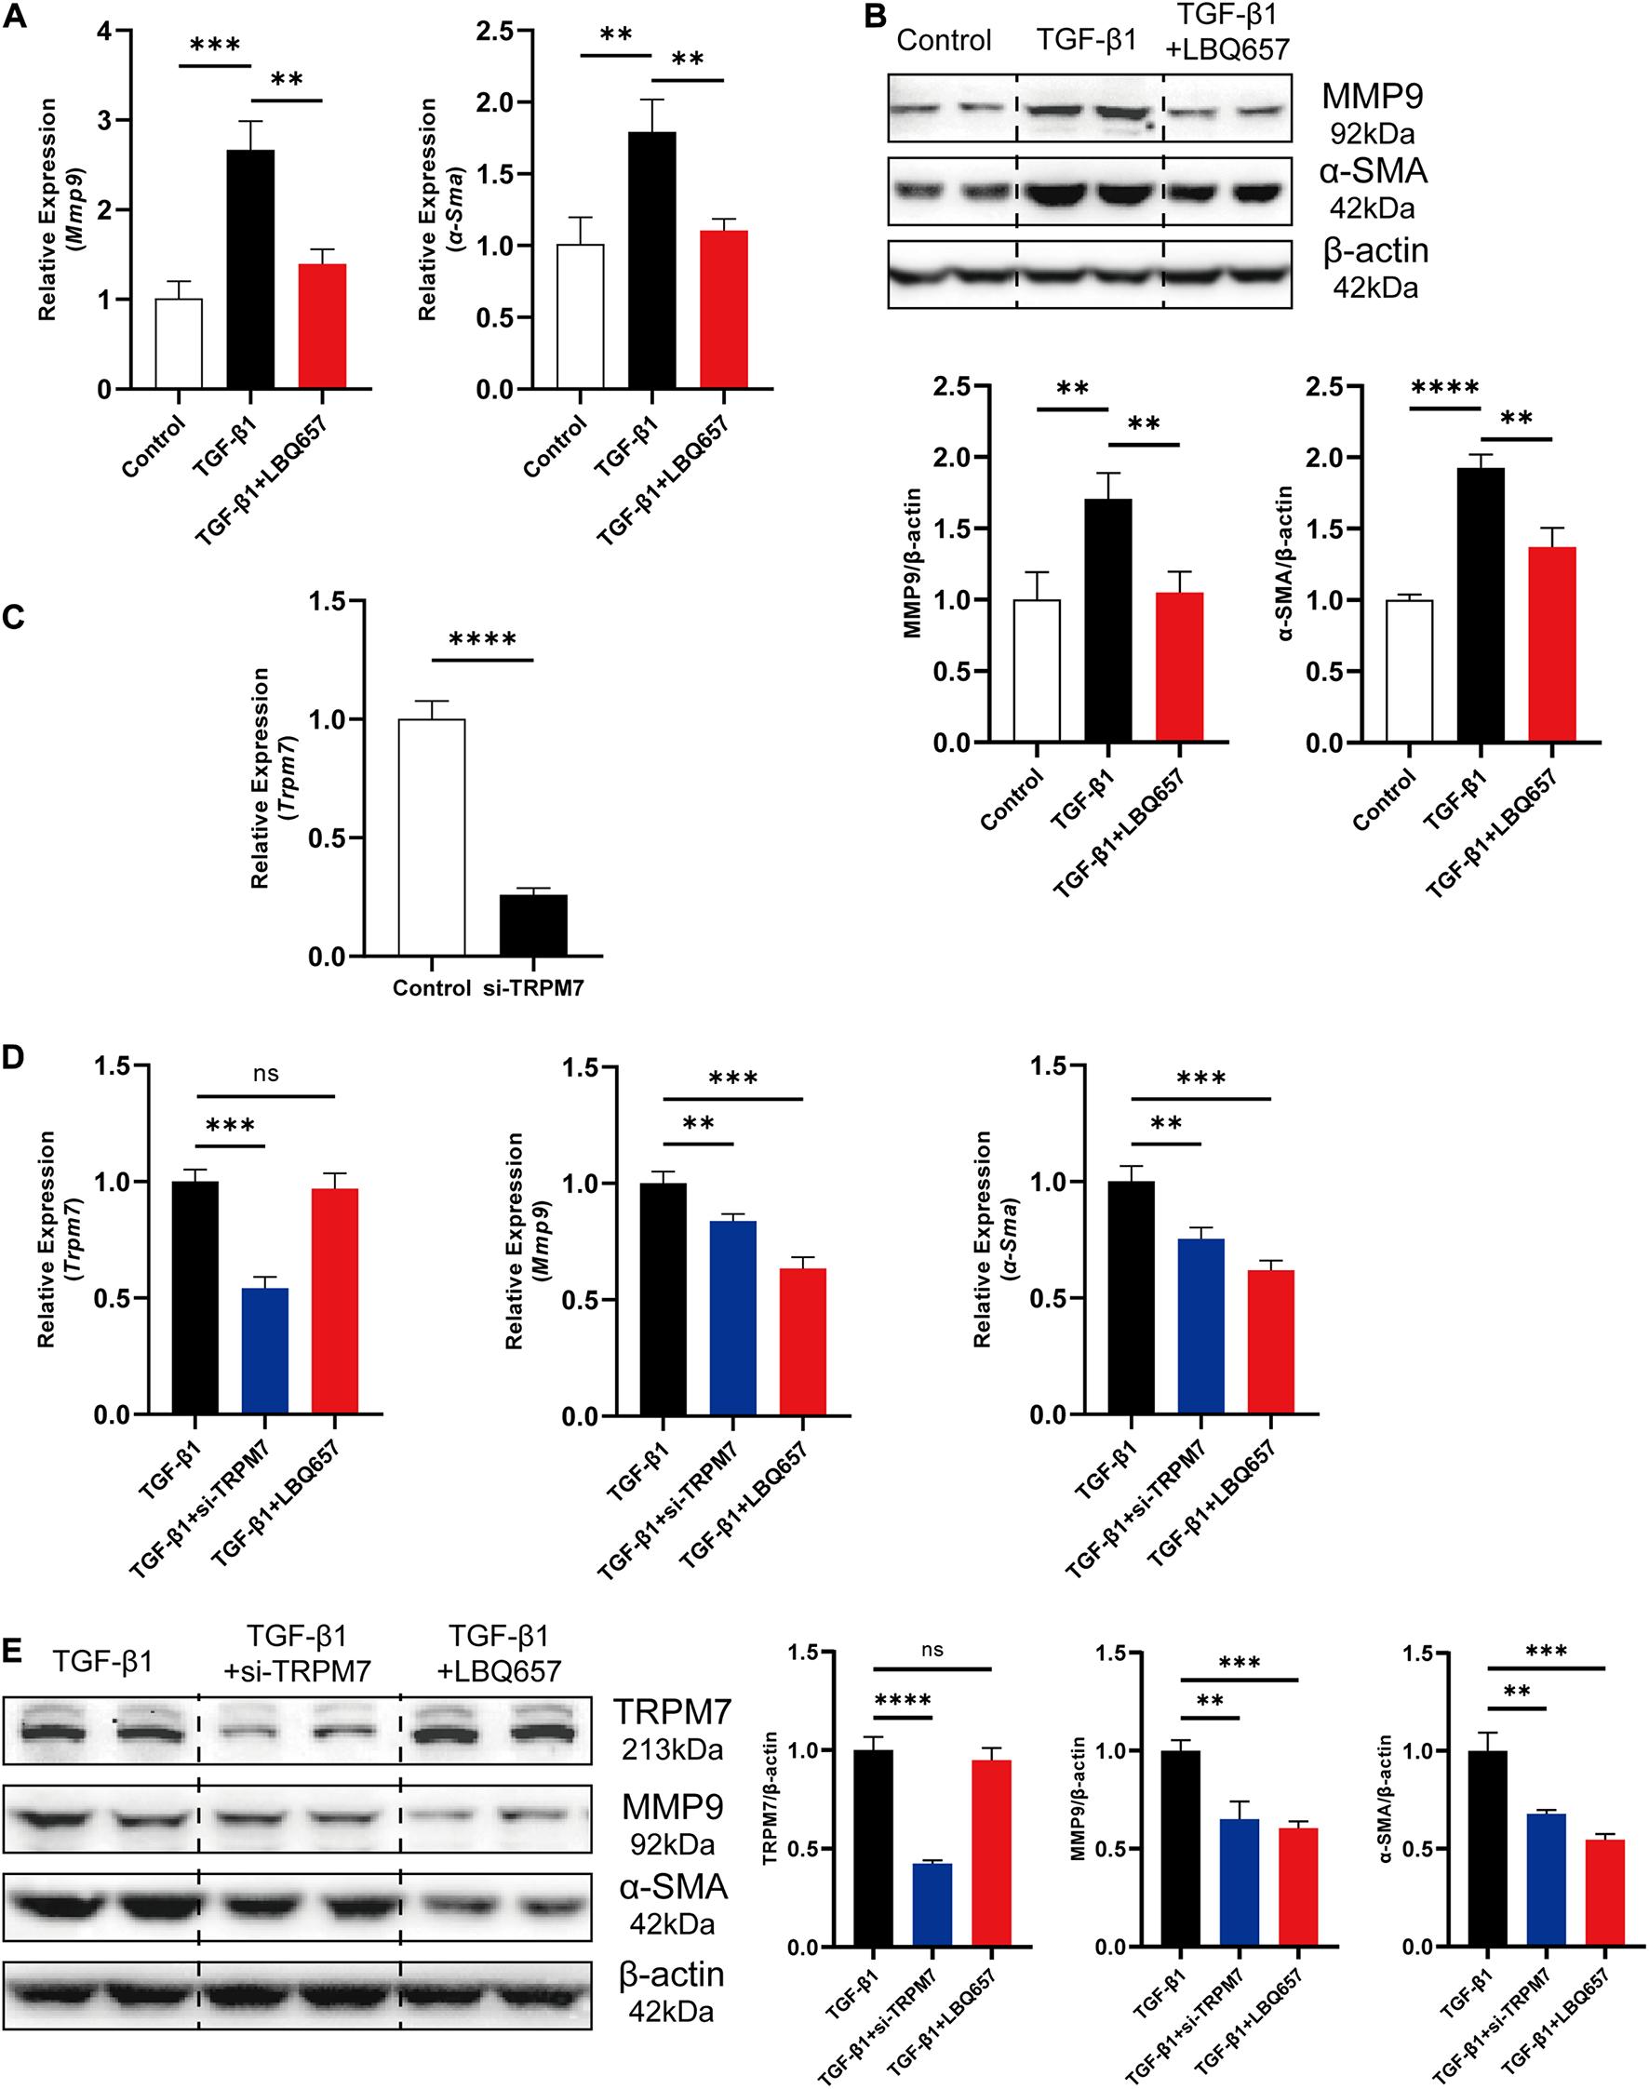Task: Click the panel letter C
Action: (x=14, y=616)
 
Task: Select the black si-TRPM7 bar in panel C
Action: (x=533, y=925)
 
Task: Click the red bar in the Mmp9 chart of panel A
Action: (x=323, y=326)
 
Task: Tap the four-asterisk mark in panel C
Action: (x=482, y=639)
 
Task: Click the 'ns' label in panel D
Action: (x=265, y=1074)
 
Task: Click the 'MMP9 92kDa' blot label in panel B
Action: (x=1372, y=113)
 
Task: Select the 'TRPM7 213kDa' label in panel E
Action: (x=672, y=1729)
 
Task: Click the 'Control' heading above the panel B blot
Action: (x=944, y=41)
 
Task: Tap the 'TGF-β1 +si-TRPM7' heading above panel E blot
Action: (x=297, y=1653)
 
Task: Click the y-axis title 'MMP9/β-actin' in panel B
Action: (x=912, y=563)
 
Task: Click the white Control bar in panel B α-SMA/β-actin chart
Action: (x=1409, y=670)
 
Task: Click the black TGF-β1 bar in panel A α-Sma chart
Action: (x=651, y=261)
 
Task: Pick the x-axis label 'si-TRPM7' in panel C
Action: (x=533, y=987)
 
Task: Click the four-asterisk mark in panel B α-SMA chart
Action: (x=1444, y=388)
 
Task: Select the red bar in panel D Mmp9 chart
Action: (x=802, y=1341)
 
